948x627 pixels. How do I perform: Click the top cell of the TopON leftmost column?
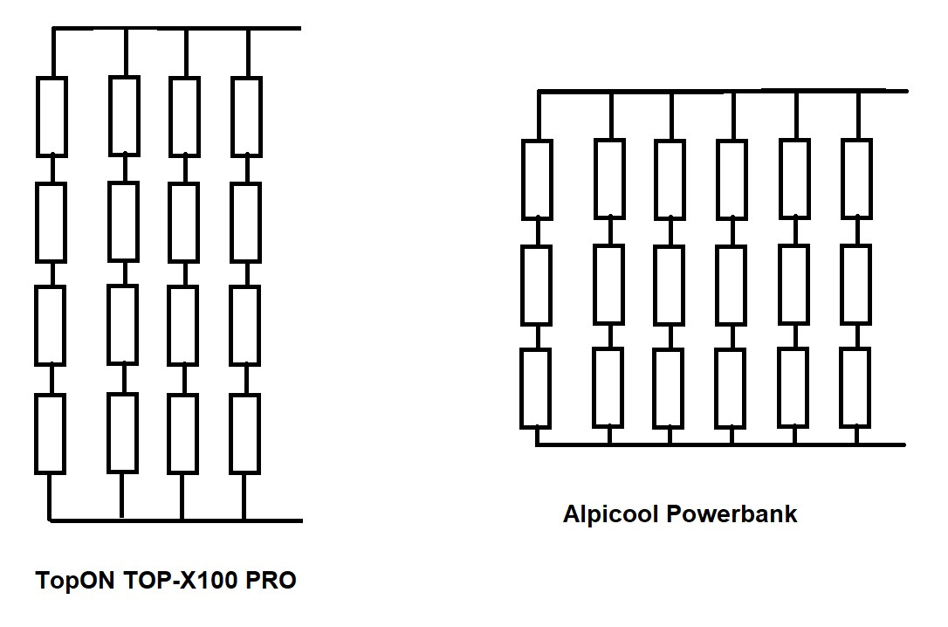(x=52, y=116)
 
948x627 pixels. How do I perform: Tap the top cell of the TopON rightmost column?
(x=247, y=116)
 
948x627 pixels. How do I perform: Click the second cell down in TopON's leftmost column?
(x=52, y=222)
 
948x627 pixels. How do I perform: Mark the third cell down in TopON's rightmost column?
(x=247, y=325)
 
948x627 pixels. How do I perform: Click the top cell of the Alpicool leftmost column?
(x=537, y=179)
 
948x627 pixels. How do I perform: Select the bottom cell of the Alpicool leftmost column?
(x=537, y=387)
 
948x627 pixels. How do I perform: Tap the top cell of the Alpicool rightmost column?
(x=857, y=177)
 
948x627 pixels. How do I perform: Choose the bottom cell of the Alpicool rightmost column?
(x=857, y=387)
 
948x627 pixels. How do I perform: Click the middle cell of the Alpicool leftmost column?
(x=537, y=285)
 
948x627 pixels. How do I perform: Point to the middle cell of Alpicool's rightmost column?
(x=857, y=285)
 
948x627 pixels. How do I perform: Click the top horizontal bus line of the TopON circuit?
(x=175, y=28)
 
